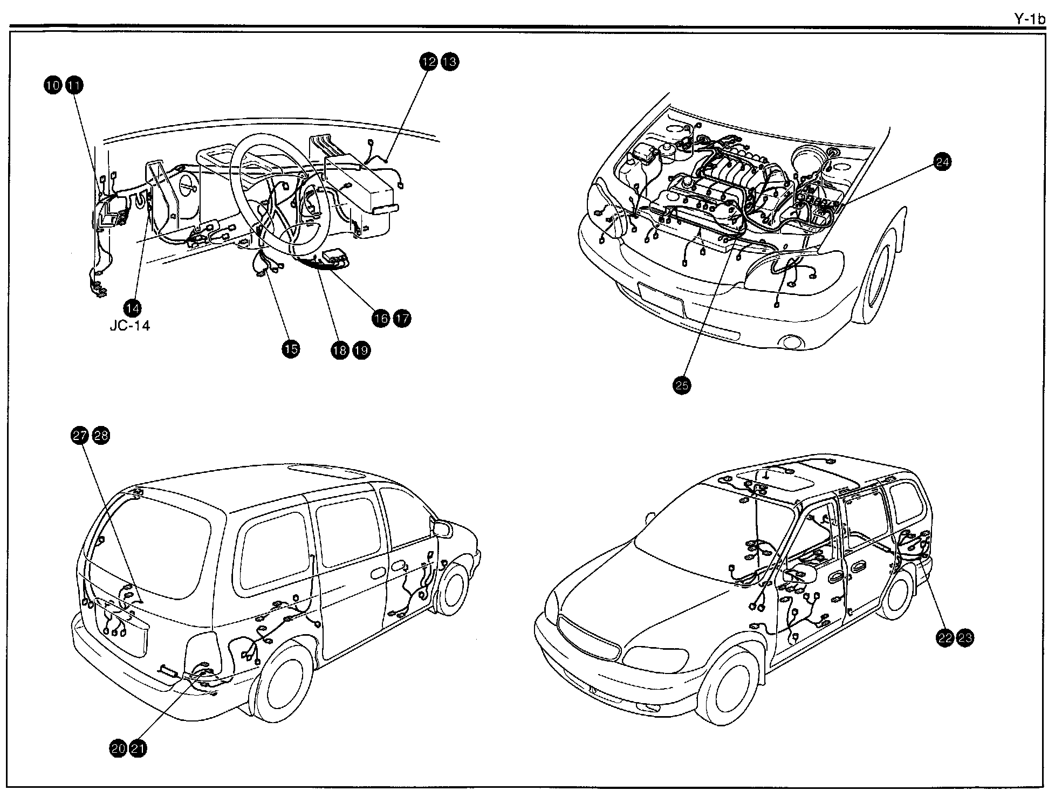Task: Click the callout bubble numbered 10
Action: pyautogui.click(x=52, y=85)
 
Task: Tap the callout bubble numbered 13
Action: pyautogui.click(x=450, y=61)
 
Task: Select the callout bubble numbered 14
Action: pyautogui.click(x=132, y=308)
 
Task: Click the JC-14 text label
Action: pyautogui.click(x=129, y=326)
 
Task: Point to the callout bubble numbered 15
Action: pyautogui.click(x=290, y=349)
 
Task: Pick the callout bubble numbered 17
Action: pyautogui.click(x=402, y=318)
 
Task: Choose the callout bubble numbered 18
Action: pyautogui.click(x=340, y=350)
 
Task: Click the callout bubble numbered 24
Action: pyautogui.click(x=942, y=162)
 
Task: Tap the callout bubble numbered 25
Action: pyautogui.click(x=682, y=385)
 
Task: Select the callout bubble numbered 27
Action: pyautogui.click(x=79, y=435)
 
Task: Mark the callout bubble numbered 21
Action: pyautogui.click(x=138, y=748)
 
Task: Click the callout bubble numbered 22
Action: pyautogui.click(x=944, y=638)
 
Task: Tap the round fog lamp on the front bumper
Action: pyautogui.click(x=791, y=342)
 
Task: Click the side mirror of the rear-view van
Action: pyautogui.click(x=442, y=528)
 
